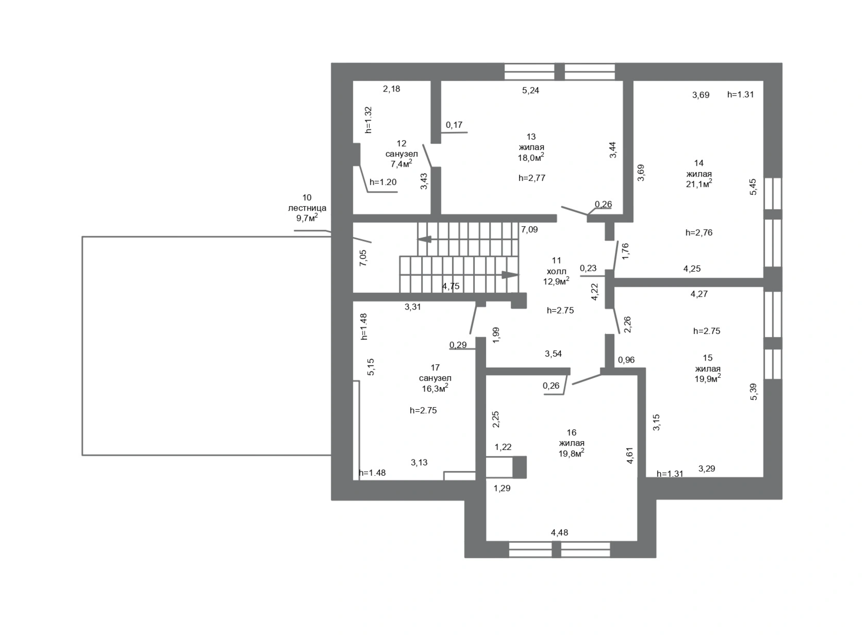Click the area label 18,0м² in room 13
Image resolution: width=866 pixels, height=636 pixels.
tap(531, 157)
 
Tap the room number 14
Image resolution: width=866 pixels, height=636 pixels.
tap(699, 163)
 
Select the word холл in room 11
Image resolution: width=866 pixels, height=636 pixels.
tap(556, 271)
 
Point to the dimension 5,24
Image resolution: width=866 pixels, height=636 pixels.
tap(530, 90)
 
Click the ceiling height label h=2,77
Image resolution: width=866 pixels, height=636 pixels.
tap(532, 178)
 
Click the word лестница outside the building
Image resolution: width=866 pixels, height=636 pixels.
tap(307, 208)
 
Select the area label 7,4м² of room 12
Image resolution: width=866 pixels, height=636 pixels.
tap(401, 163)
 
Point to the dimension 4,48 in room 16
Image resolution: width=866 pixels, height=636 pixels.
tap(560, 533)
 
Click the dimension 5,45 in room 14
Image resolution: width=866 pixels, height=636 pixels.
tap(753, 187)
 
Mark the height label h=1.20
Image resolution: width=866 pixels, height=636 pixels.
tap(383, 182)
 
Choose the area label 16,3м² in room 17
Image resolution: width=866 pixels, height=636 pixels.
tap(435, 388)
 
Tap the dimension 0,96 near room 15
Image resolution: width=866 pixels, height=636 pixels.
tap(626, 360)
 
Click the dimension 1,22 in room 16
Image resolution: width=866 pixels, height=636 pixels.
tap(503, 447)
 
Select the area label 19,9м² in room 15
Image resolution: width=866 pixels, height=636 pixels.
tap(707, 378)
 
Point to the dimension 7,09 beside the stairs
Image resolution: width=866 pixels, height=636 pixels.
tap(529, 230)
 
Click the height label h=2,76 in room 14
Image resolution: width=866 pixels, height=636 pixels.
tap(699, 233)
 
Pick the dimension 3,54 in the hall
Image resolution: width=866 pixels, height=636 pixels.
tap(553, 354)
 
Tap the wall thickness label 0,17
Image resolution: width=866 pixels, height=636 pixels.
tap(454, 125)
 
